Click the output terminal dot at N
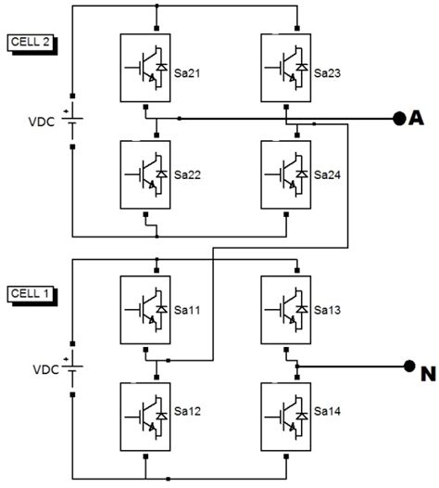coord(407,366)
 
